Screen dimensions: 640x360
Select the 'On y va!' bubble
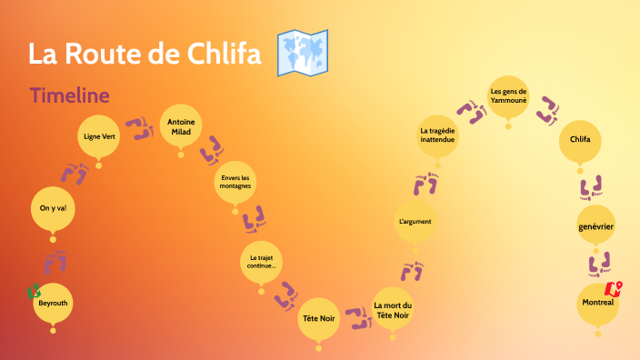click(x=53, y=208)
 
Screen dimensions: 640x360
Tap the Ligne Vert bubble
click(x=99, y=136)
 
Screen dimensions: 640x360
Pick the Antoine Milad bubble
click(x=181, y=125)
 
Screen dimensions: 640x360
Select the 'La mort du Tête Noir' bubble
click(x=393, y=310)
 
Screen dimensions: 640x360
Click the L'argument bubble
click(x=415, y=221)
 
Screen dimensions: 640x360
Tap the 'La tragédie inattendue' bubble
click(x=437, y=136)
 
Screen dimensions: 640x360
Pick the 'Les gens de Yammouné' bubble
click(x=508, y=95)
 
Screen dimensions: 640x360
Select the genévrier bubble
click(x=598, y=224)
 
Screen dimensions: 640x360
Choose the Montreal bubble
click(x=599, y=303)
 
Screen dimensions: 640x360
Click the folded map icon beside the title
click(x=302, y=54)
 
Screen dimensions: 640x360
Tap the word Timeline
click(x=70, y=95)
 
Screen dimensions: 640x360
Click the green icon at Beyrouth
click(x=34, y=291)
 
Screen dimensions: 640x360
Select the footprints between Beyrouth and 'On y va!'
click(x=56, y=261)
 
